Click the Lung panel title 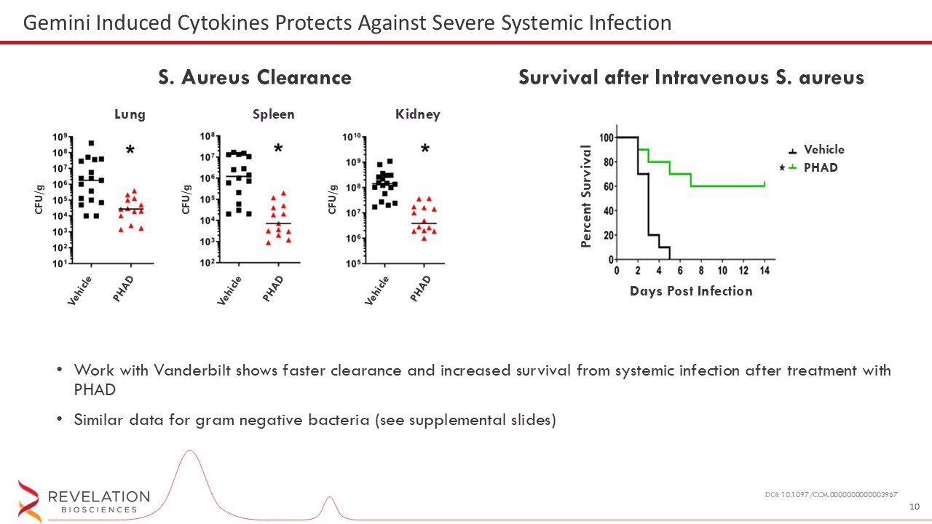coord(130,114)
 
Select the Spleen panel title coord(273,114)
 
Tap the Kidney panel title coord(417,114)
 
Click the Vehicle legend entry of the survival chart coord(824,150)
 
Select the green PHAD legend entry coord(821,167)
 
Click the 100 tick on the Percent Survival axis coord(606,137)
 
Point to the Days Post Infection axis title coord(690,291)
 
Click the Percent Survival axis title coord(586,196)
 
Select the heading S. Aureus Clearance coord(255,77)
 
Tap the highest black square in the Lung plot coord(91,143)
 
